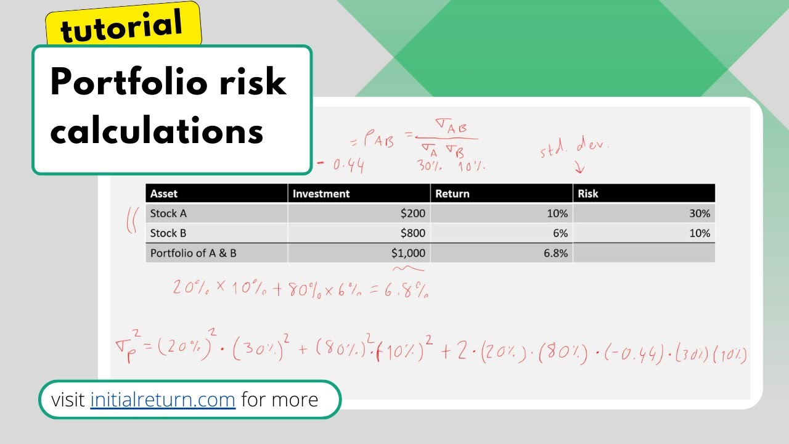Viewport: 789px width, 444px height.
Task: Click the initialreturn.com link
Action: pos(163,400)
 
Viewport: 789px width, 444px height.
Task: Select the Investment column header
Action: pos(321,194)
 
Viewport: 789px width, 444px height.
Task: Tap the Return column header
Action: pos(452,194)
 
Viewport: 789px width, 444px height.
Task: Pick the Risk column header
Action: pos(588,194)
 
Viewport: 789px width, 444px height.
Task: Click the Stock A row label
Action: pos(168,213)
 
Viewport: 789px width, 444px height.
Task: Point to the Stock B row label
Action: pos(168,233)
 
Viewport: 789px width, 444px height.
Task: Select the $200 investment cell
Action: pos(412,213)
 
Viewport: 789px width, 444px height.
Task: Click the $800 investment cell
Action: pos(412,233)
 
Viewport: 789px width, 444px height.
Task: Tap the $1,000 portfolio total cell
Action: pos(407,253)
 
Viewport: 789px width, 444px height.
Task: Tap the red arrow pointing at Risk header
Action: pos(579,167)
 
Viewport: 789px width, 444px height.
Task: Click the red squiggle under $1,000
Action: pos(408,268)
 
